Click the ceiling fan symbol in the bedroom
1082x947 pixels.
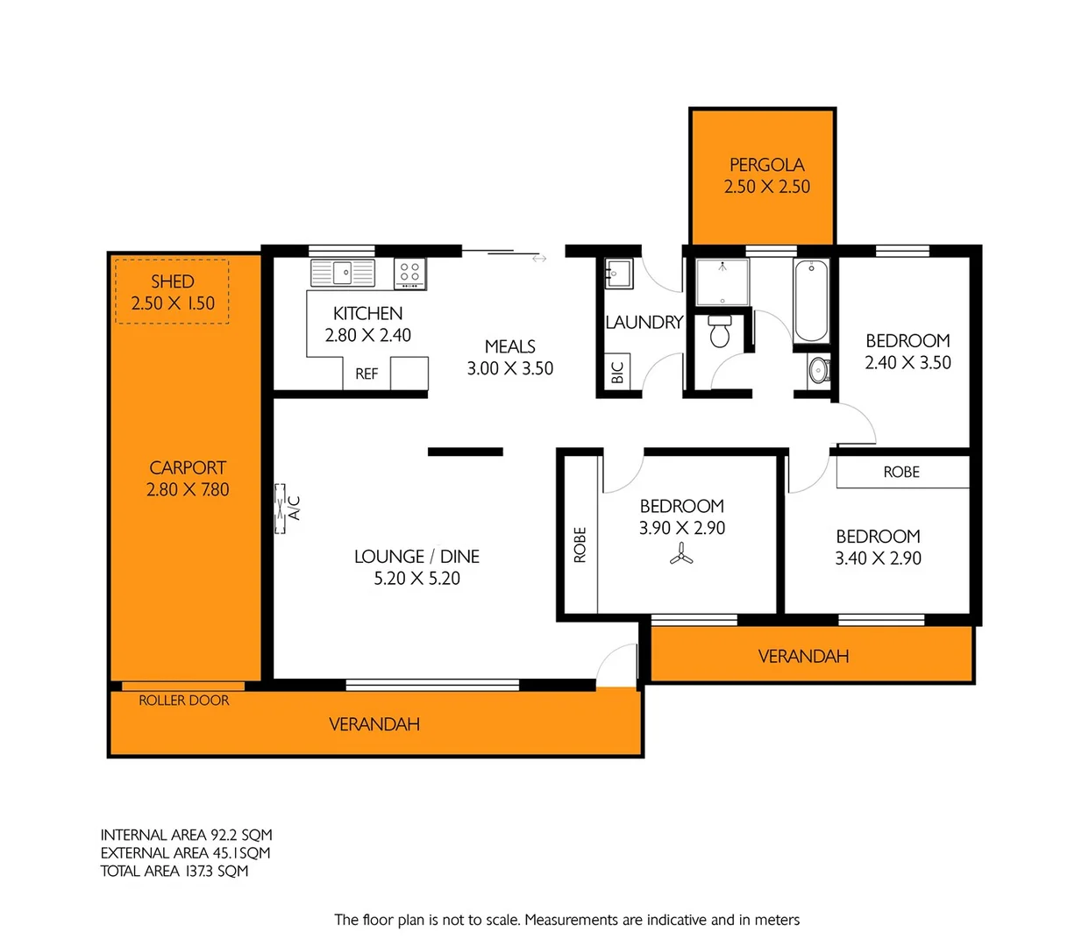coord(681,554)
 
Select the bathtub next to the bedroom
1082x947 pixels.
coord(811,301)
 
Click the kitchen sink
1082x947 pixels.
coord(342,273)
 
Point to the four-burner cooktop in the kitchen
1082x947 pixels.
coord(409,272)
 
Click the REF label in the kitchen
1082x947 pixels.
coord(367,374)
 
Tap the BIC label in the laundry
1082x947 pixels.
coord(617,374)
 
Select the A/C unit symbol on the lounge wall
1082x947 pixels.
coord(281,509)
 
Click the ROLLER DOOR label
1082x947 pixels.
coord(184,701)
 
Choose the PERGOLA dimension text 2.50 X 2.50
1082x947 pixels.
coord(767,187)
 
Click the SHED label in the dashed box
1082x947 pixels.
coord(173,281)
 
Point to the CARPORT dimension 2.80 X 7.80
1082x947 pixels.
coord(188,490)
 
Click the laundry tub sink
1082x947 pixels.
coord(618,274)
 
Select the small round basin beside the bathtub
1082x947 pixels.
coord(819,370)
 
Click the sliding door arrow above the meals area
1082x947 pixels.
coord(539,259)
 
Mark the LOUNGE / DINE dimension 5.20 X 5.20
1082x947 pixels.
coord(417,579)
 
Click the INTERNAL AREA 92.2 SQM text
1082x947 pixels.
coord(186,836)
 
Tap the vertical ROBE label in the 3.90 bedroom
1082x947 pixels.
coord(580,545)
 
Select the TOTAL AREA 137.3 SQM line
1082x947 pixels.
coord(174,872)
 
